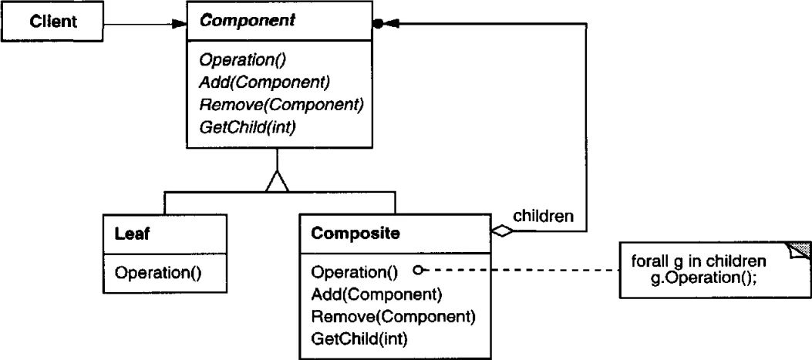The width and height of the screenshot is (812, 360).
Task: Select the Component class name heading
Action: tap(248, 21)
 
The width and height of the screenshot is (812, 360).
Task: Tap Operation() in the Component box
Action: tap(243, 60)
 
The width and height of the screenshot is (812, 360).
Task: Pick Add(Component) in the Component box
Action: tap(264, 82)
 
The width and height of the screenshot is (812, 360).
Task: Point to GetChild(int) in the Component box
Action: tap(247, 127)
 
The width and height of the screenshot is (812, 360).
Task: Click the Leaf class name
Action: tap(132, 234)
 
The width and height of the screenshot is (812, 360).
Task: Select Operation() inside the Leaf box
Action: tap(157, 273)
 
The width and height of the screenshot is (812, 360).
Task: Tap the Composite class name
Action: tap(355, 234)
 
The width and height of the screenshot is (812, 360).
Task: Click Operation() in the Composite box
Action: tap(354, 272)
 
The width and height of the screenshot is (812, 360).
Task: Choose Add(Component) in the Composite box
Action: tap(376, 294)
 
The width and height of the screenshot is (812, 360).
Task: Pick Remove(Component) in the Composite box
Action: tap(393, 317)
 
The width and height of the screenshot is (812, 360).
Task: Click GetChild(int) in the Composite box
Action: tap(359, 339)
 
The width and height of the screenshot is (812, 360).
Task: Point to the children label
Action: tap(543, 216)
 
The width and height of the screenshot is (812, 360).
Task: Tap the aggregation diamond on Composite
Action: tap(502, 231)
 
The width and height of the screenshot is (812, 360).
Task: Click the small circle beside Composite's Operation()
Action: tap(418, 270)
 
